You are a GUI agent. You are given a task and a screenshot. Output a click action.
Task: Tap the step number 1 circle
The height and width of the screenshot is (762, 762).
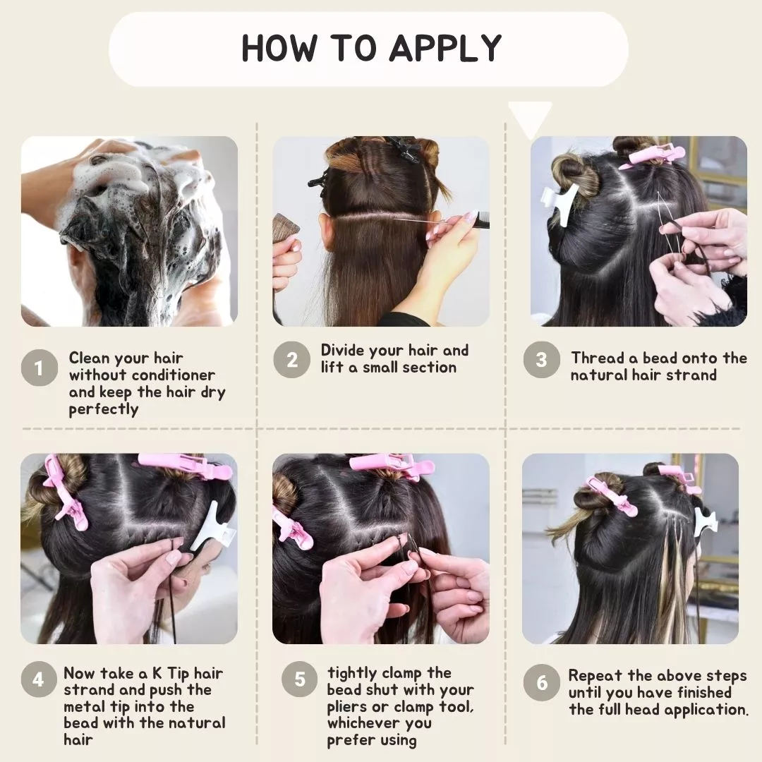(x=40, y=368)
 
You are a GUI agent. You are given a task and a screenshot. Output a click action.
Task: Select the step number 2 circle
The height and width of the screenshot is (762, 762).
(x=291, y=360)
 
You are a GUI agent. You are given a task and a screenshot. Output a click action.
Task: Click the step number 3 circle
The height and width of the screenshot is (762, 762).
(x=541, y=360)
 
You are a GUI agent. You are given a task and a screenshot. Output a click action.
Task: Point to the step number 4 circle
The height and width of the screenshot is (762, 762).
(x=39, y=679)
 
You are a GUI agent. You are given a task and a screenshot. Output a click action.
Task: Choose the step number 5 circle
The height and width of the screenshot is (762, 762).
(x=299, y=679)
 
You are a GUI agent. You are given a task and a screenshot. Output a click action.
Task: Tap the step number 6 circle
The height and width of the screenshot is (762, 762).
(x=541, y=682)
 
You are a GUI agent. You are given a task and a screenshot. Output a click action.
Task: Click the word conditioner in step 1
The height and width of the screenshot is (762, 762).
(x=173, y=375)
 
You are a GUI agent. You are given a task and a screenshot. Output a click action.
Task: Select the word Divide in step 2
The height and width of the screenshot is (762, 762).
(x=343, y=351)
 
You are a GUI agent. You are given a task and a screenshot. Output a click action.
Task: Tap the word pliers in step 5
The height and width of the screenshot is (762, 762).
(x=347, y=707)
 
